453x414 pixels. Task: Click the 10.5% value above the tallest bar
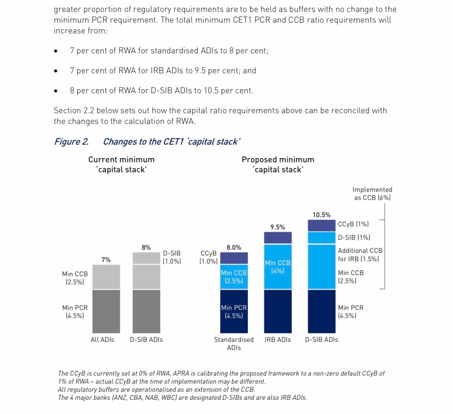point(322,215)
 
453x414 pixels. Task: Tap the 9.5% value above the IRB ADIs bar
point(277,227)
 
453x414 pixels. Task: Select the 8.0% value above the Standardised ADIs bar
point(234,248)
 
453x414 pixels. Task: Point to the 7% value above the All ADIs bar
point(106,260)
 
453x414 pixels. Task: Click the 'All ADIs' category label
point(102,340)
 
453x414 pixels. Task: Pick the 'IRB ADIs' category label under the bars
point(278,340)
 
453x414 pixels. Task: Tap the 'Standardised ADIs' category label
point(234,344)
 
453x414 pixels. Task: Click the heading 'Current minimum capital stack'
point(122,164)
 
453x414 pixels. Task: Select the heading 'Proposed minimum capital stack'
point(278,164)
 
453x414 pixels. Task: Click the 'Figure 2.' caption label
point(71,142)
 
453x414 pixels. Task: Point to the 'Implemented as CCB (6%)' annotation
point(372,193)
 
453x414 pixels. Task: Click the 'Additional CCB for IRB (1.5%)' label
point(360,255)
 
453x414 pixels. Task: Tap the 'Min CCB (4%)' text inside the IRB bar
point(278,267)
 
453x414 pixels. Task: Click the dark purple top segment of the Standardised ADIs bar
point(234,258)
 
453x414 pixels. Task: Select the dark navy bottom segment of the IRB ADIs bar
point(278,311)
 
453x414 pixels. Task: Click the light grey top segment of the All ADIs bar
point(106,277)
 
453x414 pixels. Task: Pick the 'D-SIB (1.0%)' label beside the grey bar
point(172,257)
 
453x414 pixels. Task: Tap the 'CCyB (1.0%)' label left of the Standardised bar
point(208,257)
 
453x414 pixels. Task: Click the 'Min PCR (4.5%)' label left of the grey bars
point(75,311)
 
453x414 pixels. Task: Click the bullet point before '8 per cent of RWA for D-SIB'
point(55,91)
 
